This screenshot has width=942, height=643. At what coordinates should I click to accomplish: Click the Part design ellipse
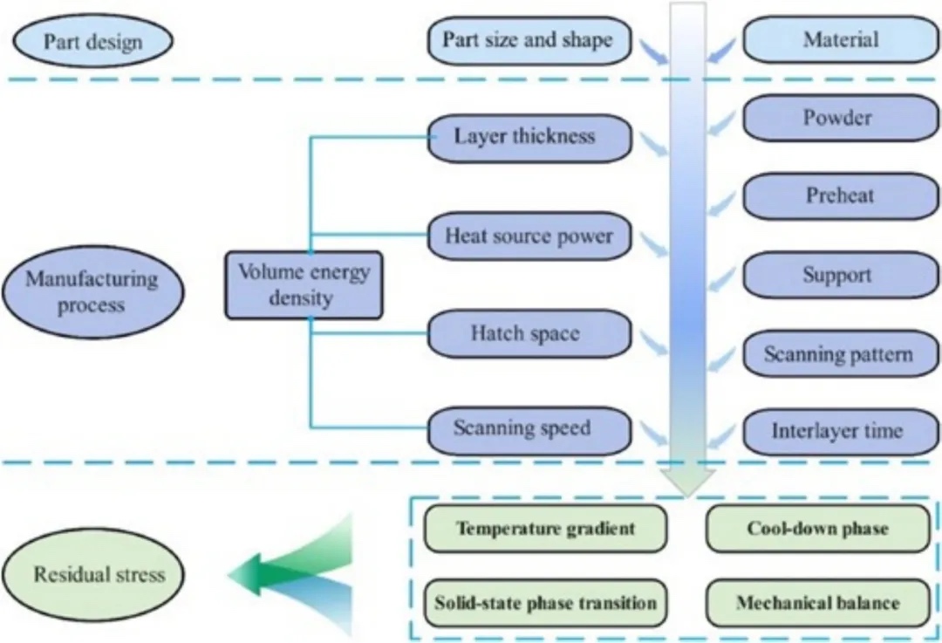(x=93, y=41)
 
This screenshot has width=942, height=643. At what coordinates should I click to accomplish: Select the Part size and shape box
(x=529, y=40)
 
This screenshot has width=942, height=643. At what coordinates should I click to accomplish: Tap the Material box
(x=840, y=40)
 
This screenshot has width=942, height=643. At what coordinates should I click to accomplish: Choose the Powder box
(x=840, y=118)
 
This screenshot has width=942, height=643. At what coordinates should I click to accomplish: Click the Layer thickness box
(x=529, y=137)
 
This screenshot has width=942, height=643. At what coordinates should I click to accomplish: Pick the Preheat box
(x=840, y=195)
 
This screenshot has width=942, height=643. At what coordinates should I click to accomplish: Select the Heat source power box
(x=529, y=236)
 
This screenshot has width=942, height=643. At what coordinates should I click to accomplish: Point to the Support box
(x=840, y=275)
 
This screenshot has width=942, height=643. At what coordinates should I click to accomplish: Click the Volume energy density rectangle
(x=304, y=284)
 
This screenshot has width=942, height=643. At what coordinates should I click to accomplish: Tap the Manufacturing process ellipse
(x=92, y=292)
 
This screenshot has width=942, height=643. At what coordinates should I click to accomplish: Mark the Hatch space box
(x=529, y=334)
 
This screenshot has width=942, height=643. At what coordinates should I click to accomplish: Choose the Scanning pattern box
(x=840, y=354)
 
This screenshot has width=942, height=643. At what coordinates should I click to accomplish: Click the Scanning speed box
(x=529, y=429)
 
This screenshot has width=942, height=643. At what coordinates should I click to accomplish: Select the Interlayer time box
(x=840, y=431)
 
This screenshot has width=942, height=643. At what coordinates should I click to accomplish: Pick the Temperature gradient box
(x=546, y=529)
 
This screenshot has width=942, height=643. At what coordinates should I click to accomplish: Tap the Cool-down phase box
(x=817, y=529)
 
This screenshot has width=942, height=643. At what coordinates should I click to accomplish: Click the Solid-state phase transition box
(x=546, y=603)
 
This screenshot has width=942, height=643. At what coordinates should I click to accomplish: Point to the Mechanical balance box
(x=817, y=603)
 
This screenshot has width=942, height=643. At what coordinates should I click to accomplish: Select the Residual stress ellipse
(x=99, y=574)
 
